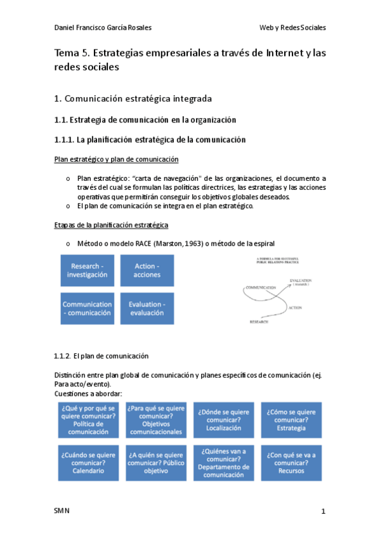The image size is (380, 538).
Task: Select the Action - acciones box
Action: click(147, 270)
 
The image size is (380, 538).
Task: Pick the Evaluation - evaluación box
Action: click(147, 308)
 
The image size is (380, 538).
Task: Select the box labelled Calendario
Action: click(88, 463)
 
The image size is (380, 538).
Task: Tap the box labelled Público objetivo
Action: click(155, 463)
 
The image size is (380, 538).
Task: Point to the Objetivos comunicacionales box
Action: click(155, 419)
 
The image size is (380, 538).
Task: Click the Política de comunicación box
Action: click(88, 419)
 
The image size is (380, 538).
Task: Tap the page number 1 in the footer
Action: click(323, 511)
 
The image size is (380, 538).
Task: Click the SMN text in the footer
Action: click(62, 511)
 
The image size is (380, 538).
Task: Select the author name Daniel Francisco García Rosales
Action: click(103, 28)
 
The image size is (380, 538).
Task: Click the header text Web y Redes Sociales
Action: click(292, 28)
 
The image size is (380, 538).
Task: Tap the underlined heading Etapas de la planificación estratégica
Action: click(111, 225)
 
